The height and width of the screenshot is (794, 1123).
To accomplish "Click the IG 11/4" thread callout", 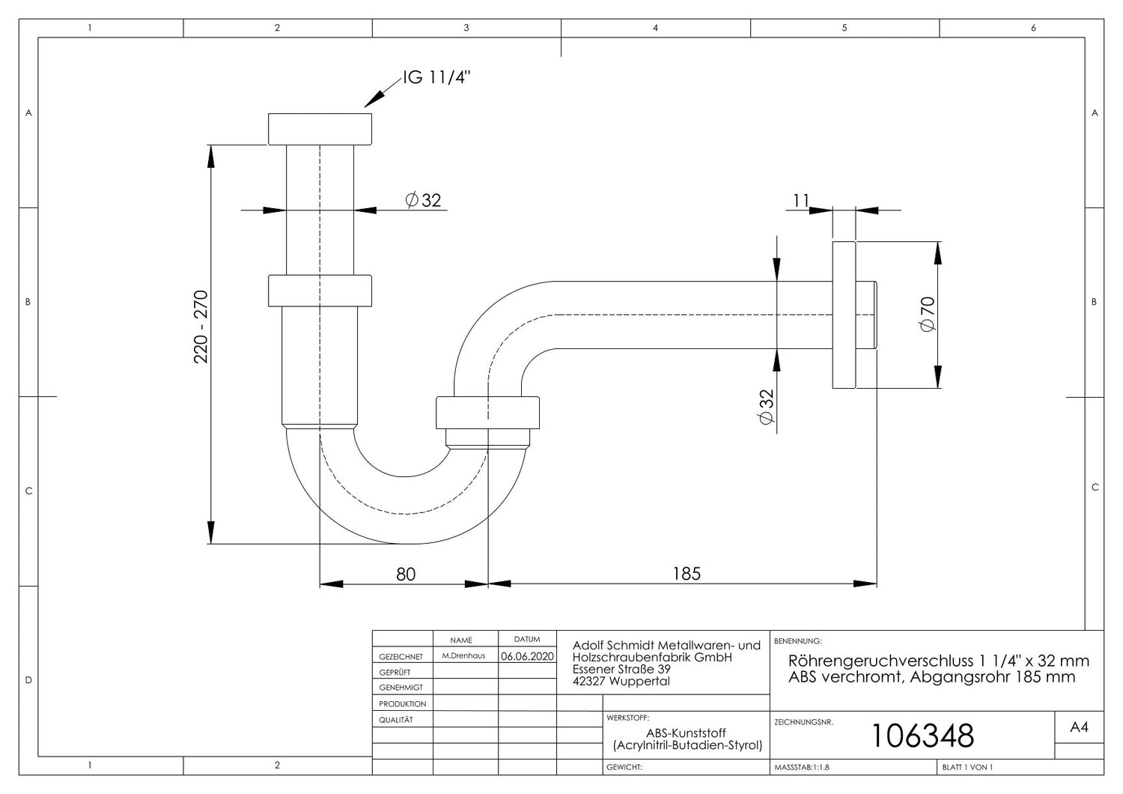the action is [x=436, y=78].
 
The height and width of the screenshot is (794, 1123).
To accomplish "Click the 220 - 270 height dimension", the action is [x=201, y=327].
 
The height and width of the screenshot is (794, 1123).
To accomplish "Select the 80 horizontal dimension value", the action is [x=406, y=575].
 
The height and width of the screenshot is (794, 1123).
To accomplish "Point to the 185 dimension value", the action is [x=687, y=574].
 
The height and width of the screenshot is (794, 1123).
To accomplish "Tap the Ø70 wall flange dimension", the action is [x=928, y=314].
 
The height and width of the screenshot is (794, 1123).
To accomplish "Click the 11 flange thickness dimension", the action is [x=800, y=201].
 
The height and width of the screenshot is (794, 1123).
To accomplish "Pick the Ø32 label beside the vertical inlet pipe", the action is [x=423, y=200].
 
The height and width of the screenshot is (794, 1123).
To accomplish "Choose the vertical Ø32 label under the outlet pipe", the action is [x=767, y=407].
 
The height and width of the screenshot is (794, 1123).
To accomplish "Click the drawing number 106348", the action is [x=923, y=736].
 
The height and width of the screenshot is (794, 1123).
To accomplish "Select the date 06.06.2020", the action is [x=527, y=656].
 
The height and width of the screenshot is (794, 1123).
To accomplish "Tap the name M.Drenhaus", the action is [x=463, y=655].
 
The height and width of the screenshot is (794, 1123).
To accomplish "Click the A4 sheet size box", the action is [x=1079, y=727].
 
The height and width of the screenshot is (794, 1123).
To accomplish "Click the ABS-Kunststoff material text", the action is [x=686, y=733].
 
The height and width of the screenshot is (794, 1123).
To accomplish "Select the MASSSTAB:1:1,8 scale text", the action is [x=802, y=768].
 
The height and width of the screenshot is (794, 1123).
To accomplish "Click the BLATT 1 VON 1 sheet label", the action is [x=967, y=768].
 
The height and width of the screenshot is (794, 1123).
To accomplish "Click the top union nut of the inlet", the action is [x=320, y=129].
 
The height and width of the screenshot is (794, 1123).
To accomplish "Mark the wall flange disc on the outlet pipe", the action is [x=844, y=315].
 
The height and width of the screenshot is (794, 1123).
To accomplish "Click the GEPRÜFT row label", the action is [x=395, y=672].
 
